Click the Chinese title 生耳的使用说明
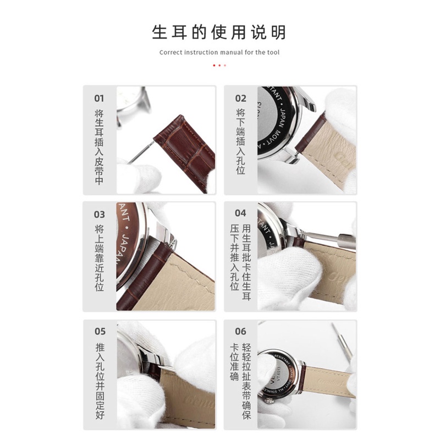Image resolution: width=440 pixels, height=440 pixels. click(219, 32)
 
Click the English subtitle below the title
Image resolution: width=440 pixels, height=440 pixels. click(219, 53)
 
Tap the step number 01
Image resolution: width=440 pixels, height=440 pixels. click(99, 98)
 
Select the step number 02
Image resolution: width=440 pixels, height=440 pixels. click(240, 98)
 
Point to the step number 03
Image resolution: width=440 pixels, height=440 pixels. click(99, 215)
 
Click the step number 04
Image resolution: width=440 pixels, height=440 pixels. click(240, 213)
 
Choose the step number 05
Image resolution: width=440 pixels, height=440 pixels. click(99, 331)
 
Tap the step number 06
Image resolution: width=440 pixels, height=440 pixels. click(240, 331)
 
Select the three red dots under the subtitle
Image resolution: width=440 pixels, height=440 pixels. click(219, 65)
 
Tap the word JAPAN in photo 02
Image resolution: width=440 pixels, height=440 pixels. click(284, 116)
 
